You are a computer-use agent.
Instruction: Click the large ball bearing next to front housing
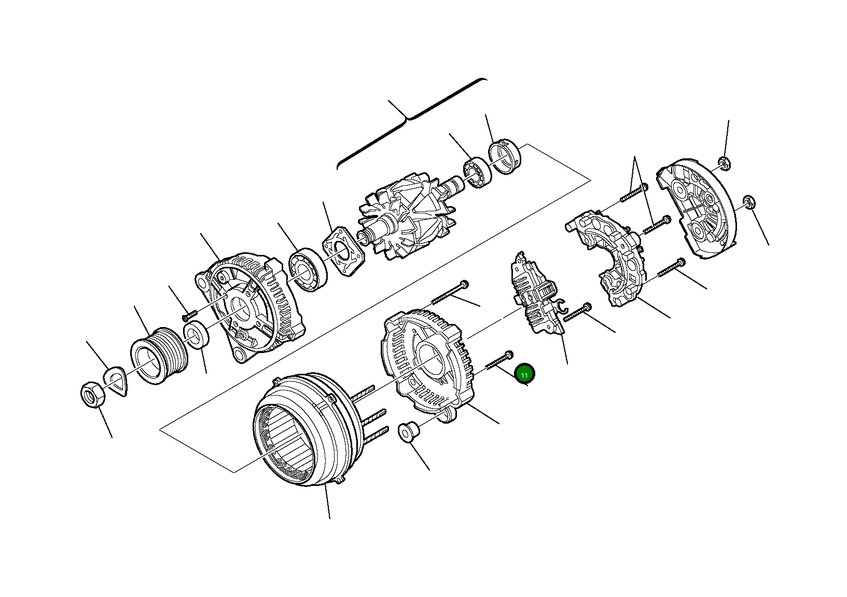308,269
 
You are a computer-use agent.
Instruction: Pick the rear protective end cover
698,213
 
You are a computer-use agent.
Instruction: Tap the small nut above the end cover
725,163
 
